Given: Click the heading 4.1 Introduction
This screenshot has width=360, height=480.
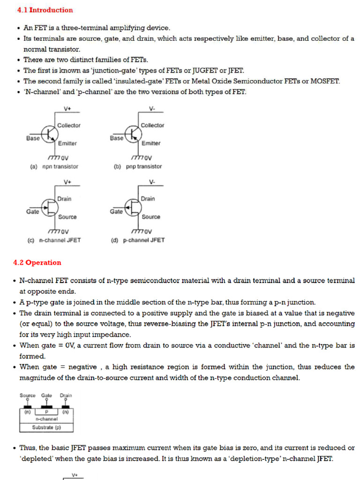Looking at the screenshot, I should (45, 10).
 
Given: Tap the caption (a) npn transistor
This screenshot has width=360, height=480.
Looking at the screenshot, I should (54, 166).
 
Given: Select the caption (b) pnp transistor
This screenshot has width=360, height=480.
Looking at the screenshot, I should (138, 166).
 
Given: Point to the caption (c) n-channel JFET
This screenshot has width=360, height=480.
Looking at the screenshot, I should (54, 240).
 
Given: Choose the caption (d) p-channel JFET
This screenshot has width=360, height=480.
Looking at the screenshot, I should (138, 240).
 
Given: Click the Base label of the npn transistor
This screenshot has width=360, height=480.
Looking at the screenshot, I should (33, 138).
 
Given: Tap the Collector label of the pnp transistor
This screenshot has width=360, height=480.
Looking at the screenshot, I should (152, 125).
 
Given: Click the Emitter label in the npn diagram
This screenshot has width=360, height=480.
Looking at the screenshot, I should (67, 143).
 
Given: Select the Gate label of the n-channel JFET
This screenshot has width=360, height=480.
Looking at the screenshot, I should (33, 212).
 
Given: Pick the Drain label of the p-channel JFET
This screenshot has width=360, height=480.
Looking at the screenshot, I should (148, 199).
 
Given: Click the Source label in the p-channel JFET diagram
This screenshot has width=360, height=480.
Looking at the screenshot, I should (151, 217).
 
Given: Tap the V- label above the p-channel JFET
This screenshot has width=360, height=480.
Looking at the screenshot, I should (152, 182).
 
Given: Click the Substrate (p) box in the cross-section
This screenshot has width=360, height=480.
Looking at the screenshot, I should (46, 427).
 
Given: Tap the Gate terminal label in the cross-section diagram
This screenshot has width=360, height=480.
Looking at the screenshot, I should (47, 395).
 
